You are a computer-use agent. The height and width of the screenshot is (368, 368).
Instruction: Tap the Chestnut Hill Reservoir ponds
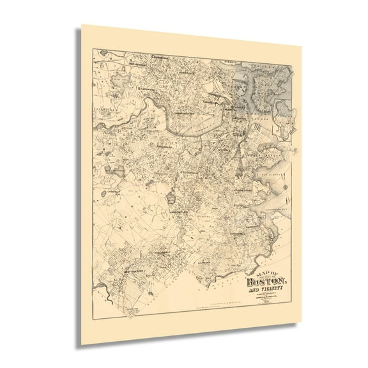coord(116,171)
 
